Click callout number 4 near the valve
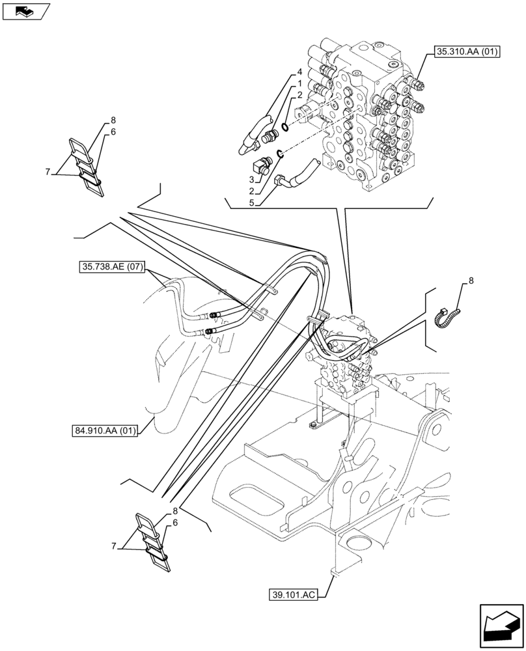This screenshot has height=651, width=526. tap(299, 72)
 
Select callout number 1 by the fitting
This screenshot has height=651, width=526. tap(299, 83)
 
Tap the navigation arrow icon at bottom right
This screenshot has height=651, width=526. tap(501, 626)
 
